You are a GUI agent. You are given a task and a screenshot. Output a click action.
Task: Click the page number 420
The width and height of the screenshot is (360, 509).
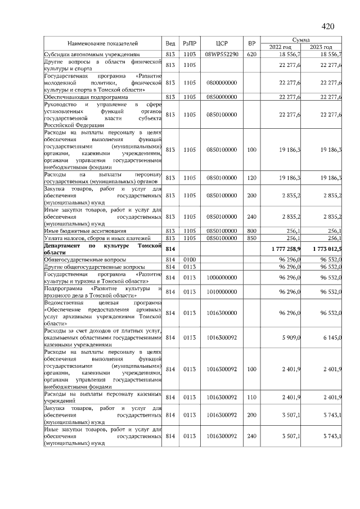coord(327,26)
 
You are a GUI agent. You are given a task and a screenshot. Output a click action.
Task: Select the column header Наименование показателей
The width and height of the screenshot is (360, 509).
coord(103,43)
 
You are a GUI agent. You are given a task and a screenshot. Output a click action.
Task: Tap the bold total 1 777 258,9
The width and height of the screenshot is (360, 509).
coord(286,249)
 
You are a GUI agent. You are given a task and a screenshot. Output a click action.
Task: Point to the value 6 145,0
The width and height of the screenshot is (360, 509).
coord(331,337)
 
